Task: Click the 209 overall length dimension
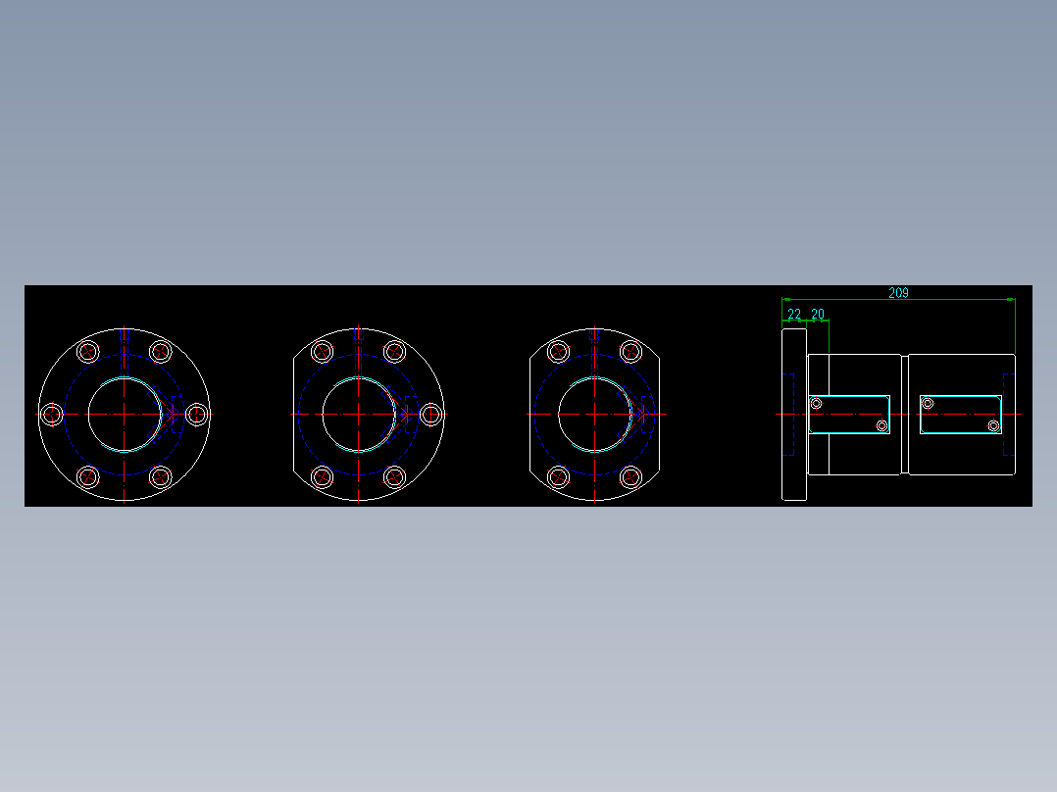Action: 898,292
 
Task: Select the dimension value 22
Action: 794,314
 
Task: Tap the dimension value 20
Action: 818,314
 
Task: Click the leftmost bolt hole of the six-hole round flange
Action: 53,415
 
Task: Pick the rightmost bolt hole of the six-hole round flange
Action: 197,415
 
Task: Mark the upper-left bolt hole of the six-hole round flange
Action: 89,352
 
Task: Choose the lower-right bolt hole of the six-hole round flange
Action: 161,477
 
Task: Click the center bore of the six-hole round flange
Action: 125,415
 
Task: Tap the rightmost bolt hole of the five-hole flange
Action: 430,415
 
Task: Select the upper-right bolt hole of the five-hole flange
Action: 394,352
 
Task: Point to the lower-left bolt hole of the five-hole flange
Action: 323,477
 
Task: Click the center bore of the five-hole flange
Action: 359,415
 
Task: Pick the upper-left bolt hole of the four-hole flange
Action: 559,352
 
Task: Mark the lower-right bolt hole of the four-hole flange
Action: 630,477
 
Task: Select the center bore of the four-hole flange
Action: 595,415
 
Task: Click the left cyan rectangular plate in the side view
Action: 849,415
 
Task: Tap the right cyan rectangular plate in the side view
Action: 961,415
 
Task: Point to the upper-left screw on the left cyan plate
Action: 816,403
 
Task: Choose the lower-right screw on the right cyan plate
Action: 993,425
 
